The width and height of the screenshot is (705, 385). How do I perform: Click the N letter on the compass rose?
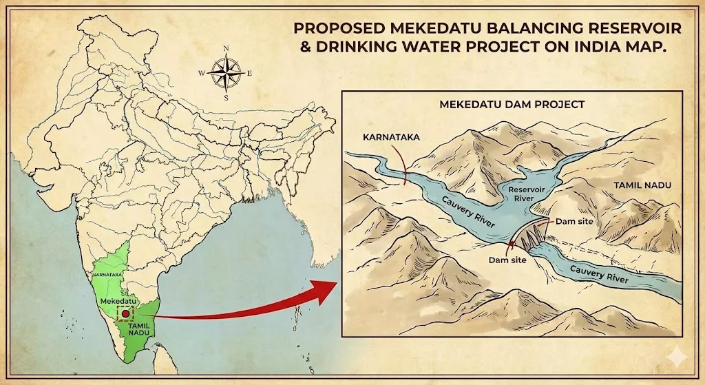pyautogui.click(x=227, y=48)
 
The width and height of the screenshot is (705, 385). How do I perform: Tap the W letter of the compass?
pyautogui.click(x=202, y=72)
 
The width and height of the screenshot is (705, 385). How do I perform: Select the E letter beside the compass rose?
pyautogui.click(x=249, y=73)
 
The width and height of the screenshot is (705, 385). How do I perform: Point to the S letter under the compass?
pyautogui.click(x=226, y=97)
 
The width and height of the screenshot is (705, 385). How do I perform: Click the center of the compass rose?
pyautogui.click(x=225, y=72)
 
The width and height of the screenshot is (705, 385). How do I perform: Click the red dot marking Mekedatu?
pyautogui.click(x=125, y=313)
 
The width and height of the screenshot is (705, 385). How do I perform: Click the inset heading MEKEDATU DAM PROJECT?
pyautogui.click(x=512, y=105)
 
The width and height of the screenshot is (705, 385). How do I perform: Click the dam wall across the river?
pyautogui.click(x=530, y=238)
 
